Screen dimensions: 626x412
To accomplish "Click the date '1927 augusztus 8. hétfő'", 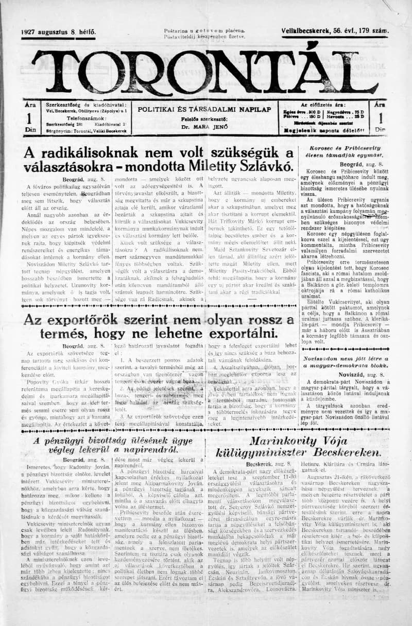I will pos(58,32).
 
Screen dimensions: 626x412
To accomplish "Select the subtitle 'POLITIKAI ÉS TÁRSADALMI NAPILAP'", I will pos(204,109).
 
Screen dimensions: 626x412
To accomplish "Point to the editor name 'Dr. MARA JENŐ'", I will pos(204,126).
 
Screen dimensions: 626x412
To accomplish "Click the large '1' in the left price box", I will pos(29,118).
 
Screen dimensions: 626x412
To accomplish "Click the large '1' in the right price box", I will pos(380,118).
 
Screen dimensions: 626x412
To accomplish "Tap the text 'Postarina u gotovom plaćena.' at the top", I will pos(204,31).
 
